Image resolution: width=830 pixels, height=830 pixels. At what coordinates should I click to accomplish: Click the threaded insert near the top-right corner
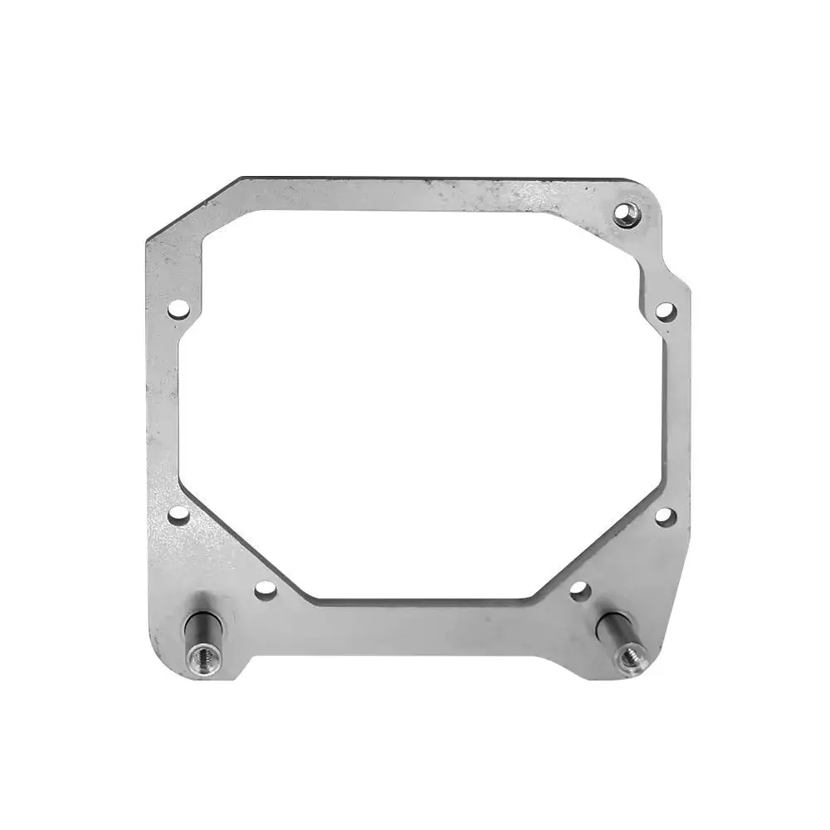[x=627, y=214]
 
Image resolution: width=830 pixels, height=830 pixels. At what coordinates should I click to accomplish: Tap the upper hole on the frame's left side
[x=177, y=309]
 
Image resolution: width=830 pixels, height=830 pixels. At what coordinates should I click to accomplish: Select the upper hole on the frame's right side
[x=665, y=310]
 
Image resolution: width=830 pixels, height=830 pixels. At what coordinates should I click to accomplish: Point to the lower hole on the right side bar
[x=665, y=515]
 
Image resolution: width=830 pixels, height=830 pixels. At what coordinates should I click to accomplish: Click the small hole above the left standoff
[x=265, y=589]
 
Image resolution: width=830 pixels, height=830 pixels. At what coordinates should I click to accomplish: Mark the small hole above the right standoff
[x=579, y=589]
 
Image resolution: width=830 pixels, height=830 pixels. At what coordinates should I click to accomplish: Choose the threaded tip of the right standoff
[x=631, y=656]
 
